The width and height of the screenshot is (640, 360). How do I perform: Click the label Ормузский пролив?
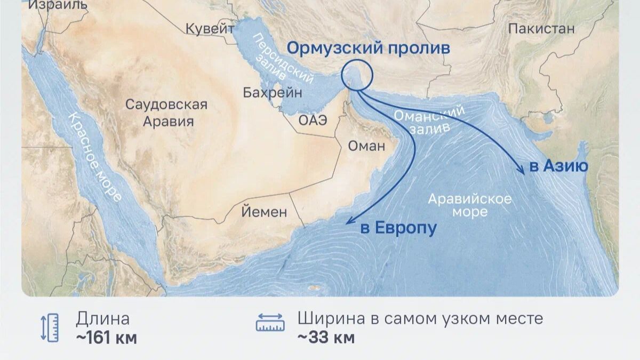[x=368, y=48]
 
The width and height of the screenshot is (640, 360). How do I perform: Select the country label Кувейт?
[x=210, y=29]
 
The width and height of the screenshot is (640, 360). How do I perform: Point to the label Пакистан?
[x=541, y=29]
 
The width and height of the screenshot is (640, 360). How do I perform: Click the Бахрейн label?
[x=272, y=93]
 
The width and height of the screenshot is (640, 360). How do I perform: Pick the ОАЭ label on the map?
[x=313, y=120]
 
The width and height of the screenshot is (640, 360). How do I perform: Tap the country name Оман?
[x=366, y=146]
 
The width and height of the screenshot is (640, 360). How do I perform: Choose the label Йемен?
[x=264, y=212]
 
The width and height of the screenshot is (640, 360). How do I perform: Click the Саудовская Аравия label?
[x=166, y=113]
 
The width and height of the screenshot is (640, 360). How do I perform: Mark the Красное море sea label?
[x=94, y=157]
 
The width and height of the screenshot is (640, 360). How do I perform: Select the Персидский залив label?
[x=283, y=64]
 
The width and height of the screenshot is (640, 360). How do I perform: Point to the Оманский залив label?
[x=430, y=120]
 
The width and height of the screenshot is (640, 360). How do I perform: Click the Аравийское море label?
[x=470, y=205]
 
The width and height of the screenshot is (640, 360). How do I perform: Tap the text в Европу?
[x=398, y=228]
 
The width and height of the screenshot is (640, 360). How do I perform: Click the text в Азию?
[x=558, y=166]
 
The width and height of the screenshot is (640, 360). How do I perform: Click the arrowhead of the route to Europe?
[x=349, y=221]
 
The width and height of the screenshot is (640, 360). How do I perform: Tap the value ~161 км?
[x=106, y=338]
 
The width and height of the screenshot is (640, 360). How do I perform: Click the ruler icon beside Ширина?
[x=270, y=323]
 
